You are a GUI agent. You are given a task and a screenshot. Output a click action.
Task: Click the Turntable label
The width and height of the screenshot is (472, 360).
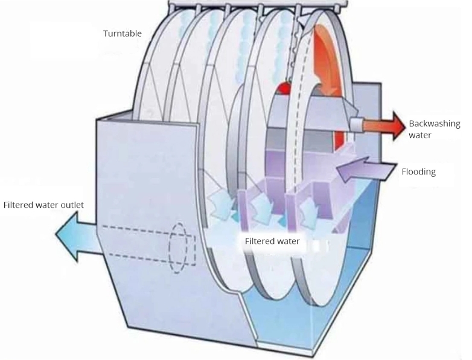[x=123, y=33]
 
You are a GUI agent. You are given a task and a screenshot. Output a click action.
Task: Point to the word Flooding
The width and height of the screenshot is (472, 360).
[x=418, y=172]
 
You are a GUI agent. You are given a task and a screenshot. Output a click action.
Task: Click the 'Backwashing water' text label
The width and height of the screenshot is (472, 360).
[x=434, y=129]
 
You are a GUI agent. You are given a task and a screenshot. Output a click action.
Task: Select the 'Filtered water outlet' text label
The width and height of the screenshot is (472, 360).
[x=43, y=205]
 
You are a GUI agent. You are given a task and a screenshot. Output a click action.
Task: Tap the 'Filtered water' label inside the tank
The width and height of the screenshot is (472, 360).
[x=272, y=241]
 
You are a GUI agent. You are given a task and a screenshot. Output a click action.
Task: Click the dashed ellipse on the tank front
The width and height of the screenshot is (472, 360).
[x=179, y=248]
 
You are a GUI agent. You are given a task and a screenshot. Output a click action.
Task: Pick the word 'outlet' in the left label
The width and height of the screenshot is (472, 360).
[x=71, y=205]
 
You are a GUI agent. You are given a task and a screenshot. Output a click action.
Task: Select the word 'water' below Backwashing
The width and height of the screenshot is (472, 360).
[x=420, y=135]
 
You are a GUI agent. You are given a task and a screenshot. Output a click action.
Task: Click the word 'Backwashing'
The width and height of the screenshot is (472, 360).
[x=435, y=124]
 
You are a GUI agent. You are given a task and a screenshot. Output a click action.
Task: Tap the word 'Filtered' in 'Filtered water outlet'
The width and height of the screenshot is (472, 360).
[x=19, y=205]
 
